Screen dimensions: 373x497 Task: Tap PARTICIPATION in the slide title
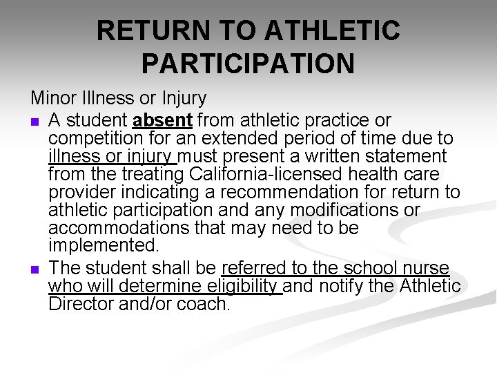pyautogui.click(x=248, y=64)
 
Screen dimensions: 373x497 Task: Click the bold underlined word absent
pyautogui.click(x=162, y=119)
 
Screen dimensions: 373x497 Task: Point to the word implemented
pyautogui.click(x=104, y=246)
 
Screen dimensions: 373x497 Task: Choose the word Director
pyautogui.click(x=81, y=303)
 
